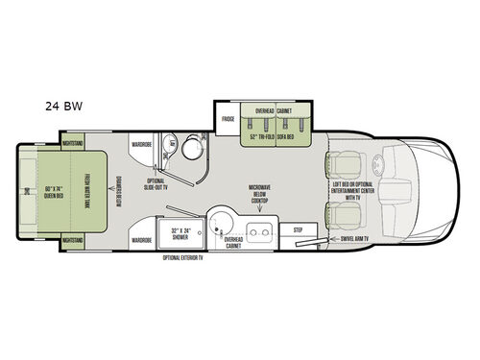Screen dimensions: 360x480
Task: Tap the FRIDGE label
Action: tap(228, 119)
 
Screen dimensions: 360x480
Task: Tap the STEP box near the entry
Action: tap(298, 229)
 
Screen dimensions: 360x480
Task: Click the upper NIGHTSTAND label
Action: tap(73, 143)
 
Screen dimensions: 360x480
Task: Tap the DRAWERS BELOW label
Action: tap(118, 189)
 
